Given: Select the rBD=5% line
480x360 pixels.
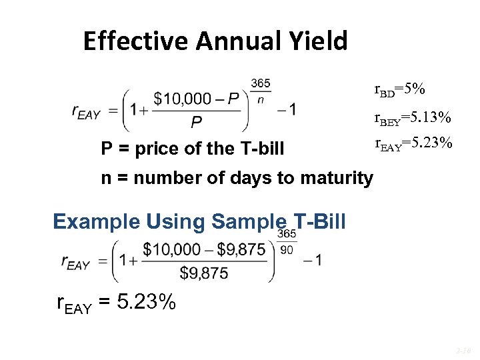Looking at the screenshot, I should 400,89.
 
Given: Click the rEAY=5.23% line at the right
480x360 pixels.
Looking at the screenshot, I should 413,143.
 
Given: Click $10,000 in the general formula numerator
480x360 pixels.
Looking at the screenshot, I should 181,99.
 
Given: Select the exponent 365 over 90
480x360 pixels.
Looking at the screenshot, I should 287,241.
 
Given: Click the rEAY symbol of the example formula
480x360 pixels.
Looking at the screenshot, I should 75,262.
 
